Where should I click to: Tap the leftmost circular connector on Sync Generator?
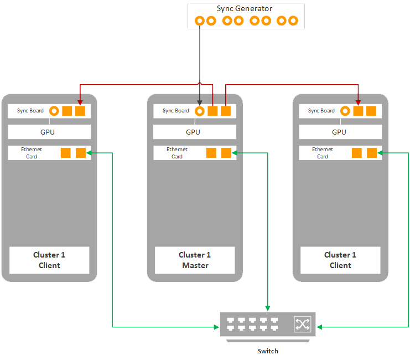[x=200, y=21]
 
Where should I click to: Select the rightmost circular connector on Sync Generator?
[x=293, y=21]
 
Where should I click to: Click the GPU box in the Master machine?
[x=194, y=132]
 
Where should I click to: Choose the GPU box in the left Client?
[x=49, y=132]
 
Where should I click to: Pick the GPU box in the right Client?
[x=340, y=132]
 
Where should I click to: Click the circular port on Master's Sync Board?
[x=200, y=111]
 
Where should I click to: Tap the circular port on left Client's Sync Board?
[x=54, y=111]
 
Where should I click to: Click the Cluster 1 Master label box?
[x=195, y=260]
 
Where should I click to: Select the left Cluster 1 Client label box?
[x=49, y=260]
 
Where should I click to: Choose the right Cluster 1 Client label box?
[x=340, y=260]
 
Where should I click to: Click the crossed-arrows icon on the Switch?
[x=302, y=325]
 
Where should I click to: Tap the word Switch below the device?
[x=268, y=351]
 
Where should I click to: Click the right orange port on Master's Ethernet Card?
[x=226, y=153]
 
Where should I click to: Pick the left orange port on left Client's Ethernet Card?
[x=65, y=153]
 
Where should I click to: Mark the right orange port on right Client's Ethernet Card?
[x=371, y=153]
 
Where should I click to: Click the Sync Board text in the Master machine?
[x=175, y=111]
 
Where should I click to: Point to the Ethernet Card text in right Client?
[x=323, y=153]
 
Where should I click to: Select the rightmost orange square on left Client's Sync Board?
[x=80, y=111]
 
